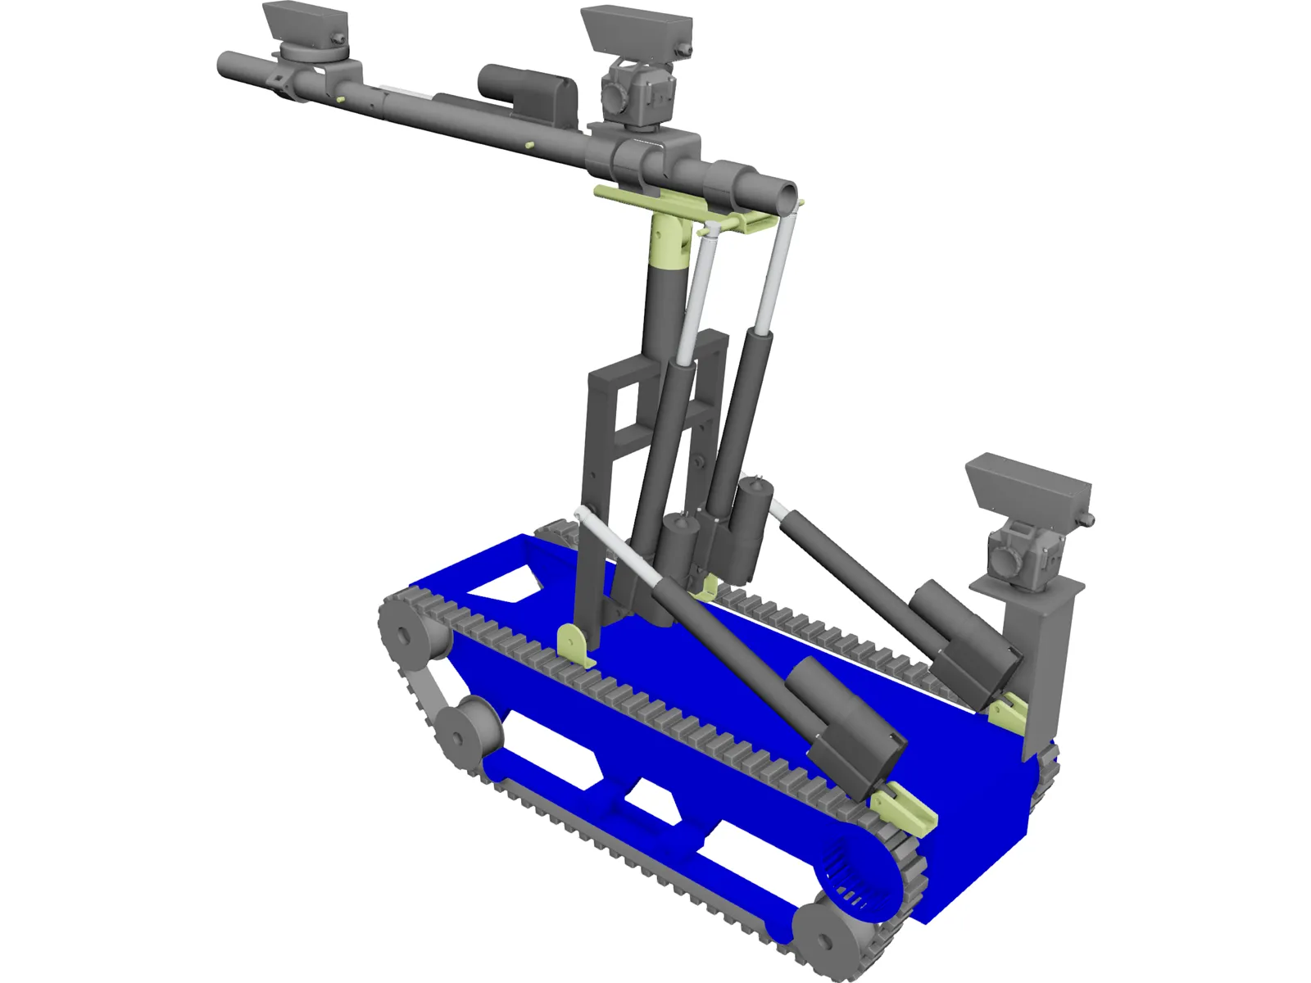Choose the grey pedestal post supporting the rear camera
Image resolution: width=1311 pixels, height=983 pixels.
(x=1041, y=655)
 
